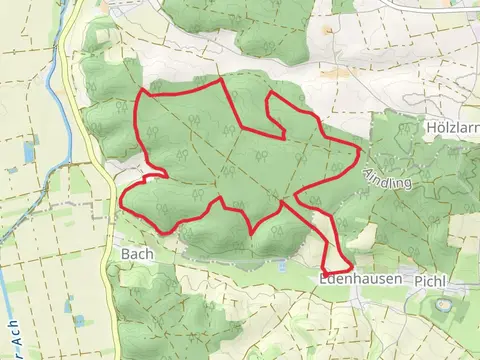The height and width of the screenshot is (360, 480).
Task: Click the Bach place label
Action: pyautogui.click(x=136, y=254)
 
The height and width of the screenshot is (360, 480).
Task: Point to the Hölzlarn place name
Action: pyautogui.click(x=451, y=128)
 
